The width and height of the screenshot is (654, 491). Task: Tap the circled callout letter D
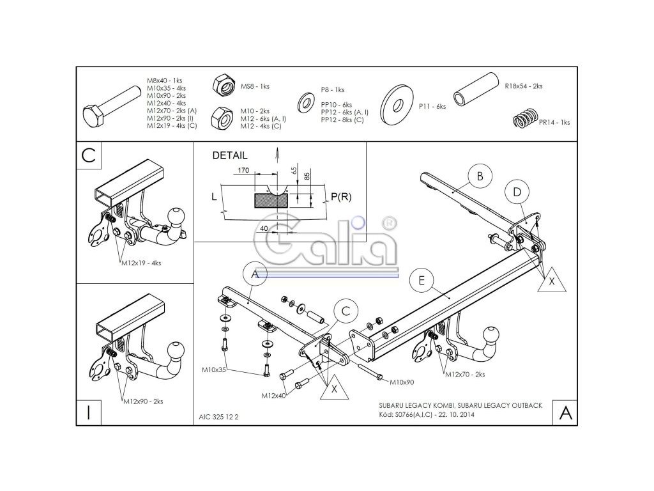click(517, 191)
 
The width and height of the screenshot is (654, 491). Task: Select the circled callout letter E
click(422, 279)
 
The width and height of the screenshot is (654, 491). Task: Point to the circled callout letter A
click(254, 274)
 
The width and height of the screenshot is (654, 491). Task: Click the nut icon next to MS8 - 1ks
click(224, 84)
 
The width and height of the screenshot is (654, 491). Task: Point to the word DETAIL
click(229, 155)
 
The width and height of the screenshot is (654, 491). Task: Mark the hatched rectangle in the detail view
click(271, 200)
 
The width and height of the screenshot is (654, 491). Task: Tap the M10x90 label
click(402, 382)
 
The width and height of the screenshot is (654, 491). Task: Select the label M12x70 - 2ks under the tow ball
click(465, 374)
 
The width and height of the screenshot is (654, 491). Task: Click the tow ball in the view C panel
click(176, 216)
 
